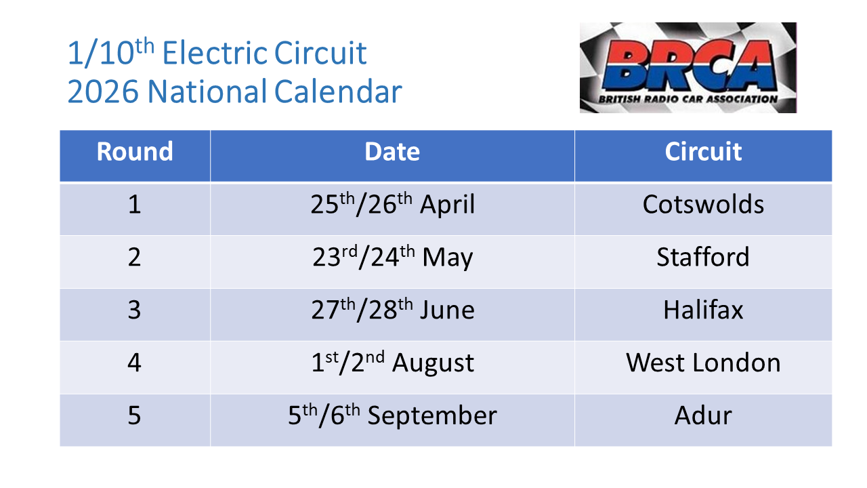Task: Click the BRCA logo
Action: point(688,67)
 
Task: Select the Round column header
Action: point(135,152)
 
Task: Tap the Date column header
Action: point(392,152)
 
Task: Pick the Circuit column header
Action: point(703,152)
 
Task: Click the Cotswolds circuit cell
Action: point(703,205)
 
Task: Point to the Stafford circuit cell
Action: point(703,258)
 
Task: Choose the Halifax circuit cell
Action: point(703,310)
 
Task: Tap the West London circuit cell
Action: point(703,363)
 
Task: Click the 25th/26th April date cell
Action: point(392,205)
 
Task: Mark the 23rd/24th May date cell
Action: point(392,258)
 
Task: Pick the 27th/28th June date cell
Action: point(392,310)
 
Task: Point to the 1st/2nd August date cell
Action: point(392,363)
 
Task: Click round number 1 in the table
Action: point(135,205)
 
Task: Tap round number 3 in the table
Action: point(135,310)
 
